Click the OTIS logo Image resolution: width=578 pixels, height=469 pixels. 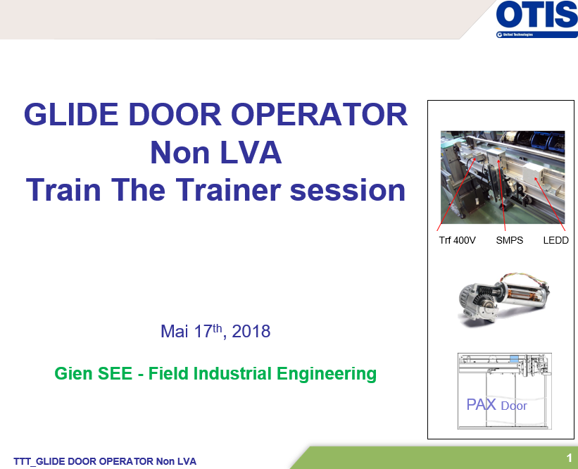pyautogui.click(x=536, y=19)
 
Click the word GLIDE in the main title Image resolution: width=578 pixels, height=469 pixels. pyautogui.click(x=71, y=114)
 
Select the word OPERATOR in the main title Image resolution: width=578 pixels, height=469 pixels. pyautogui.click(x=319, y=114)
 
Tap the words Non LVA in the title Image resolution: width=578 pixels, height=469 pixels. pyautogui.click(x=216, y=152)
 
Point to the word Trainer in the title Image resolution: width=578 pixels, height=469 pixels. pyautogui.click(x=228, y=189)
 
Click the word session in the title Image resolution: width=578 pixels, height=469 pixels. pyautogui.click(x=348, y=190)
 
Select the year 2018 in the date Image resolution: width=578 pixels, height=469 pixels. pyautogui.click(x=251, y=331)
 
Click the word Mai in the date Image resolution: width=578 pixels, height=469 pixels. pyautogui.click(x=175, y=331)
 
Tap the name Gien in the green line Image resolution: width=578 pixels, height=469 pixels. pyautogui.click(x=73, y=373)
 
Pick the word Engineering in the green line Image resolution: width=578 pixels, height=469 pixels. pyautogui.click(x=327, y=374)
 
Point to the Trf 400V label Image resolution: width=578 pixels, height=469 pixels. pyautogui.click(x=457, y=240)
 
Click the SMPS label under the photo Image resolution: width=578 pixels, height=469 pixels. pyautogui.click(x=510, y=240)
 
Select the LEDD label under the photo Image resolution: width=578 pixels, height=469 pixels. pyautogui.click(x=556, y=240)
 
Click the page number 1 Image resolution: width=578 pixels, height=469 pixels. pyautogui.click(x=570, y=458)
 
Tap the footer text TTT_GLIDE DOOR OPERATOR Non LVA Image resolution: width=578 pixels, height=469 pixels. pyautogui.click(x=105, y=461)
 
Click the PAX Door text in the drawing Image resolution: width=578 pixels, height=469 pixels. pyautogui.click(x=496, y=405)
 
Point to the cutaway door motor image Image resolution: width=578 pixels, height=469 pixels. pyautogui.click(x=503, y=299)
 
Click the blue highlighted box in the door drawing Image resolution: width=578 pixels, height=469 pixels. pyautogui.click(x=514, y=358)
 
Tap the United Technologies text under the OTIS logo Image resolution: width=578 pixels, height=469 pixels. pyautogui.click(x=518, y=35)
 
